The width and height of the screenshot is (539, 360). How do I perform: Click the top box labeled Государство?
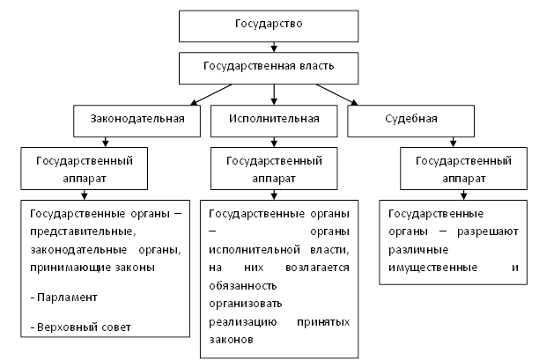click(269, 26)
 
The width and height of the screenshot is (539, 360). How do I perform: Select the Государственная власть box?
click(269, 65)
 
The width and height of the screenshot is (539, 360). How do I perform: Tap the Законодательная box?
click(137, 118)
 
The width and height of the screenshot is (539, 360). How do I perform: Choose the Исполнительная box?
click(273, 118)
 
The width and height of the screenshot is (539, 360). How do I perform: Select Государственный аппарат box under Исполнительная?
click(274, 169)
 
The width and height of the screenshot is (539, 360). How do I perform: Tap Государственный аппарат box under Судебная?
click(458, 169)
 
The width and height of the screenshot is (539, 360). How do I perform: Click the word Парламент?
click(67, 297)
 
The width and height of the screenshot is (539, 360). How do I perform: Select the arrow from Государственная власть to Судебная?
click(335, 91)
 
